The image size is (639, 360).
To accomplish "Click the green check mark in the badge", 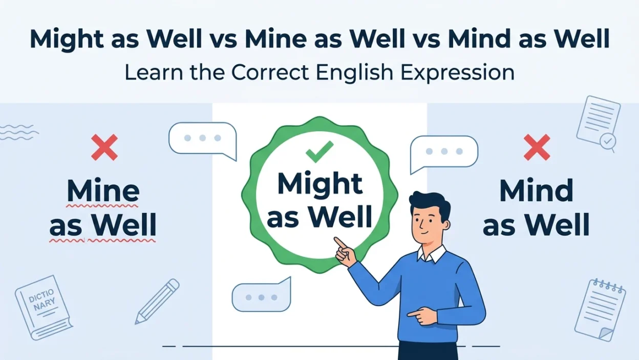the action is [x=319, y=151].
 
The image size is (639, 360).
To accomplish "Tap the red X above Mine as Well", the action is [x=104, y=147].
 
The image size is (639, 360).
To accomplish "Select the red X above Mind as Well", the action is [x=537, y=147].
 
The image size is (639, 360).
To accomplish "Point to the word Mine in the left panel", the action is [x=103, y=190].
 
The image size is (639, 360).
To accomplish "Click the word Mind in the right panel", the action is [x=536, y=190].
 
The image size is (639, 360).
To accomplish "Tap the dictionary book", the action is [x=44, y=307].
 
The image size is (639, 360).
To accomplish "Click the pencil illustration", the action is [x=157, y=301].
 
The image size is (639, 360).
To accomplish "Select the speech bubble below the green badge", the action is [x=261, y=294].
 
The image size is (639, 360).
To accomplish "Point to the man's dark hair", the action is [x=431, y=206].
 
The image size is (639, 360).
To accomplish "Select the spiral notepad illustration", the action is [x=600, y=310].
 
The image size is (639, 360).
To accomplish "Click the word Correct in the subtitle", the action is [x=270, y=72].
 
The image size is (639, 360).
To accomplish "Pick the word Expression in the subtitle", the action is [x=458, y=73].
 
